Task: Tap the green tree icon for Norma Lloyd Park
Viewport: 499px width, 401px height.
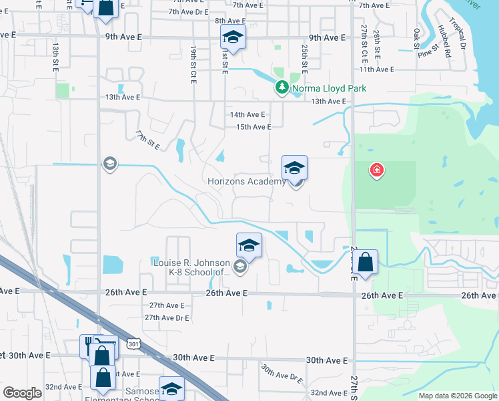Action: tap(282, 88)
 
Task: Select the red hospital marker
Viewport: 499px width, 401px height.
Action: tap(377, 170)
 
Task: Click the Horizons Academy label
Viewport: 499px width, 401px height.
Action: tap(245, 181)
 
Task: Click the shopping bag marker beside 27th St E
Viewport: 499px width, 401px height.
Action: tap(366, 263)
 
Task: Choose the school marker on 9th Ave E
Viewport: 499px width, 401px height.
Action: tap(233, 37)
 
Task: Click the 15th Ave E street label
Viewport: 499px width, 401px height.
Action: tap(250, 127)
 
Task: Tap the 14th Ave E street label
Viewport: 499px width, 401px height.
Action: tap(247, 115)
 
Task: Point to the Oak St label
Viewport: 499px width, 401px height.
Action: tap(416, 37)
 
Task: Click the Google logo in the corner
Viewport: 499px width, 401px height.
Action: tap(22, 393)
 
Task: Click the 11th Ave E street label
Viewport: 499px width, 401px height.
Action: tap(377, 70)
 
